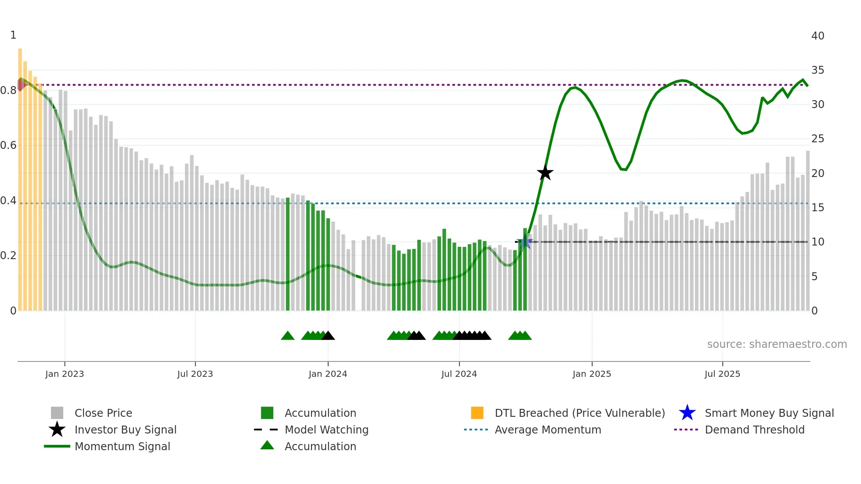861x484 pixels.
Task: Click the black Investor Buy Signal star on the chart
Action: (x=545, y=173)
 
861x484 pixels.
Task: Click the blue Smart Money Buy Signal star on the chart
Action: (x=525, y=242)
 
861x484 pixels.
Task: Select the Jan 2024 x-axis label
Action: (x=328, y=374)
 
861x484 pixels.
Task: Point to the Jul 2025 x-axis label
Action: (x=722, y=374)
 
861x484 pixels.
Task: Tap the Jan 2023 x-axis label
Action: (x=65, y=374)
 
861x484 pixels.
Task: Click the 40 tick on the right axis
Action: (x=818, y=36)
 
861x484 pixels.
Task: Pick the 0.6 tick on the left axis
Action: (x=8, y=145)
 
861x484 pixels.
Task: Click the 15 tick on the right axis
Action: (x=818, y=208)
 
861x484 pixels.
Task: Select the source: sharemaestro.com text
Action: (x=777, y=344)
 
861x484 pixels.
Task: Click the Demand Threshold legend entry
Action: (x=754, y=430)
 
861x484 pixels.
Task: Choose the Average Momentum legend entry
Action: (x=547, y=430)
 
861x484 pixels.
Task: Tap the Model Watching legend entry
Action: (x=326, y=430)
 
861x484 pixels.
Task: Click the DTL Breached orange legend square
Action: (x=477, y=413)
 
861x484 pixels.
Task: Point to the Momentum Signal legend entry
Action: (x=122, y=446)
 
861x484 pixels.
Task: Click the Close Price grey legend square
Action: (x=57, y=413)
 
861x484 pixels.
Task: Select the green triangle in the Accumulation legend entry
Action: (x=267, y=445)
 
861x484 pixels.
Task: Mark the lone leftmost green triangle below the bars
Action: (x=288, y=336)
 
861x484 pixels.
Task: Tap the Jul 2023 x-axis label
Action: (x=195, y=374)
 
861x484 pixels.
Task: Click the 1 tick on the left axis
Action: (x=13, y=35)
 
